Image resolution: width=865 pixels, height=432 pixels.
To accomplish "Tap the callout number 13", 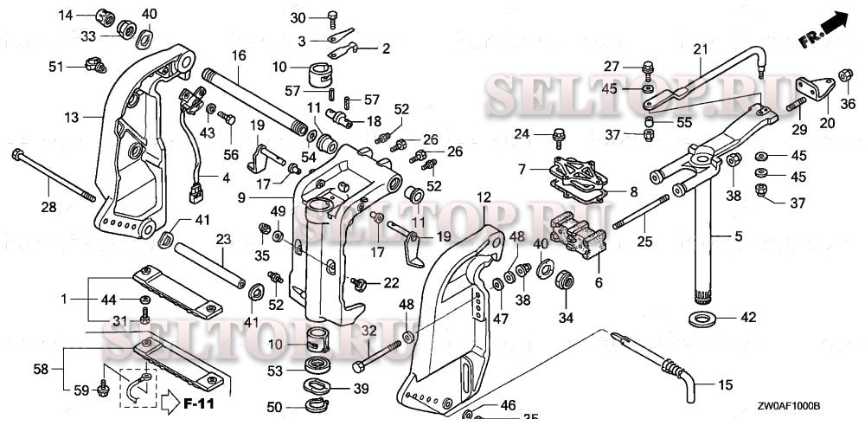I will tap(71, 115).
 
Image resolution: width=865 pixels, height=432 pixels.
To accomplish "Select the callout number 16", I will tap(239, 55).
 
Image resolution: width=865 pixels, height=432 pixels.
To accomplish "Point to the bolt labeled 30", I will tap(333, 16).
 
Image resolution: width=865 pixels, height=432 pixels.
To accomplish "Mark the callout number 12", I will tap(483, 197).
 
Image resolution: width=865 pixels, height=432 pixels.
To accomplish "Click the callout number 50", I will tap(273, 408).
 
